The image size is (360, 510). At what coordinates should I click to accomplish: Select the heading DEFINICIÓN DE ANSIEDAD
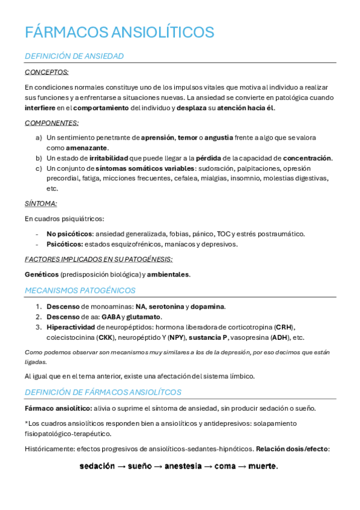tap(74, 57)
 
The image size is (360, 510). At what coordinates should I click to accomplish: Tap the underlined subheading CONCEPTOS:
tap(46, 72)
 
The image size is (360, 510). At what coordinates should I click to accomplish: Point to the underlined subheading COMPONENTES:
tap(52, 123)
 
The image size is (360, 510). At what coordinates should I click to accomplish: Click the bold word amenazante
tap(86, 148)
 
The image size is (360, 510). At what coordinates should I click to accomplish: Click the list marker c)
tap(38, 168)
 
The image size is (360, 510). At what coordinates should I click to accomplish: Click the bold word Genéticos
tap(41, 274)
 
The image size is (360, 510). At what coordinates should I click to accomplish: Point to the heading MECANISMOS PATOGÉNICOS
tap(80, 290)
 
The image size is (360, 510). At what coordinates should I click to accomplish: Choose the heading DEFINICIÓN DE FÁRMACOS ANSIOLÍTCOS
tap(103, 393)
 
